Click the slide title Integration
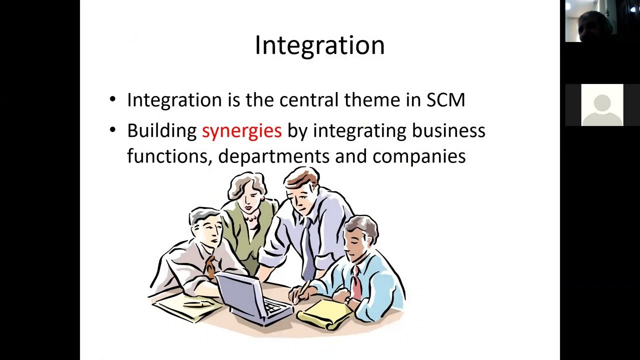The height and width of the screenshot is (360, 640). (319, 45)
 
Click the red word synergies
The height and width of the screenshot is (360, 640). (241, 130)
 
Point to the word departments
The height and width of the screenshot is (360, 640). (273, 156)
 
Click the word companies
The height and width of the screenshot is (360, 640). (419, 156)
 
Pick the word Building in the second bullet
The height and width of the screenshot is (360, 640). (162, 130)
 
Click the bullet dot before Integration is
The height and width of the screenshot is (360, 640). (113, 99)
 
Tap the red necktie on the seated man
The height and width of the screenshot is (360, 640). (356, 283)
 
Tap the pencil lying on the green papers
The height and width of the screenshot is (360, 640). (197, 304)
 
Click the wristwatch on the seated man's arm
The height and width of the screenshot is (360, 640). (348, 301)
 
